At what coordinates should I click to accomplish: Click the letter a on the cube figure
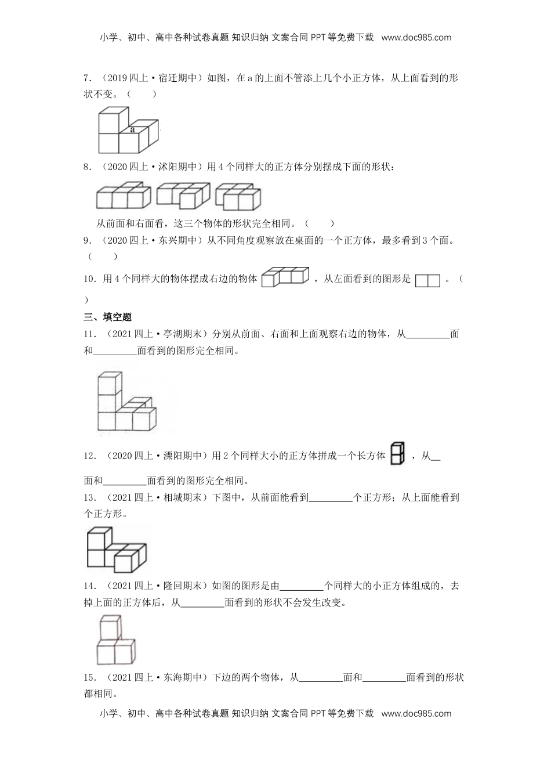[x=132, y=130]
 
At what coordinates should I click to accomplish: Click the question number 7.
[x=87, y=78]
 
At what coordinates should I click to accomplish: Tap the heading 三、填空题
[x=108, y=317]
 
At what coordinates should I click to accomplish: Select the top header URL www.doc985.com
[x=416, y=38]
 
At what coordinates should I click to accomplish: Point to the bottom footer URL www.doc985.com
[x=416, y=713]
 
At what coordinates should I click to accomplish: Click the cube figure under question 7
[x=128, y=130]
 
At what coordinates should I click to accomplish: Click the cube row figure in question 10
[x=285, y=277]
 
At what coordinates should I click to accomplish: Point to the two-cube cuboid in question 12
[x=398, y=454]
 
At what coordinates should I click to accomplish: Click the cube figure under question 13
[x=116, y=548]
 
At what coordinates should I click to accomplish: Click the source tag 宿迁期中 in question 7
[x=177, y=78]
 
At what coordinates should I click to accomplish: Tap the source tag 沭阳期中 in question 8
[x=177, y=168]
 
